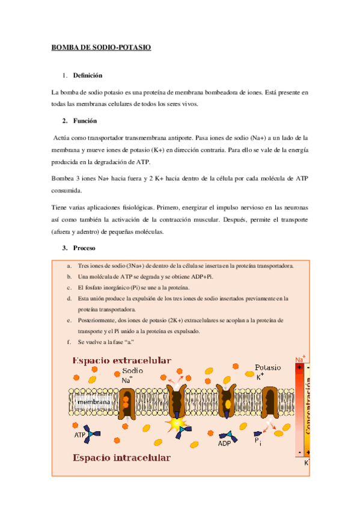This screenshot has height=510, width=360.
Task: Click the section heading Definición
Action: click(88, 76)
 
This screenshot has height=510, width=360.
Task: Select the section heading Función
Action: click(85, 120)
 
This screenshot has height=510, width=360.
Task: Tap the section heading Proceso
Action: click(85, 248)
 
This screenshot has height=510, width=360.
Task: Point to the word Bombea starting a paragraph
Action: click(64, 178)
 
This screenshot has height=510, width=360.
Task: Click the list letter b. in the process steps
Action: click(70, 276)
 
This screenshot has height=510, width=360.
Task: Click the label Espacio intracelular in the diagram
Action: click(121, 458)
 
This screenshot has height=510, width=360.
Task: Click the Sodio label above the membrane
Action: click(132, 371)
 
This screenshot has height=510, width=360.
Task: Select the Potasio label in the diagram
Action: click(267, 367)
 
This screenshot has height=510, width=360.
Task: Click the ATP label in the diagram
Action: click(80, 434)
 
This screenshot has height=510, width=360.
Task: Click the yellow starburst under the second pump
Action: click(178, 425)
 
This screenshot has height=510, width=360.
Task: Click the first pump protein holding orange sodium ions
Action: click(127, 401)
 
